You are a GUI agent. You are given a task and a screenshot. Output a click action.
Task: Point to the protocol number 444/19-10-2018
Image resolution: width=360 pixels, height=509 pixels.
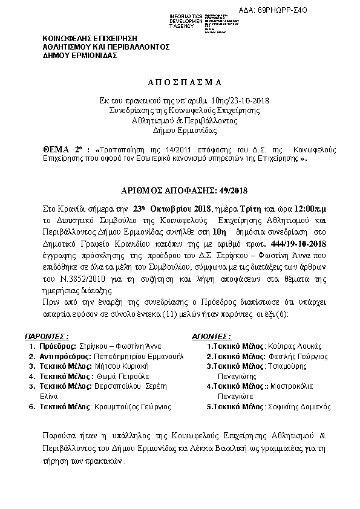point(292,244)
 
